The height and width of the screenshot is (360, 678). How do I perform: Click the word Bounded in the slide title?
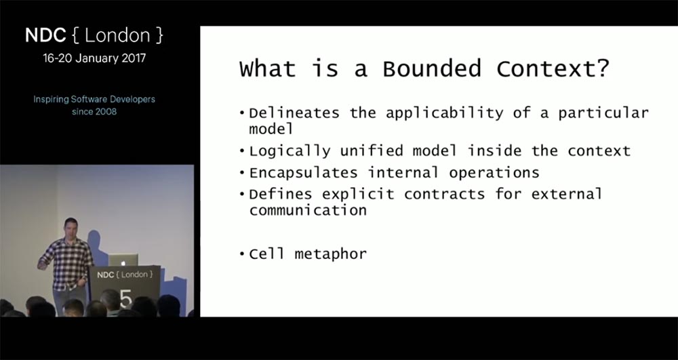coord(431,68)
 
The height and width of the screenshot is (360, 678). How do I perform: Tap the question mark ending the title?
coord(602,68)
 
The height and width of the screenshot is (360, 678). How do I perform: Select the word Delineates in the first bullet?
coord(294,113)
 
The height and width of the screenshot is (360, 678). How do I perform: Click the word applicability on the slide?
coord(445,114)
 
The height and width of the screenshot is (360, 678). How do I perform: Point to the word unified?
coord(372,151)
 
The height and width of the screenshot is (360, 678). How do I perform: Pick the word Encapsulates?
coord(303,173)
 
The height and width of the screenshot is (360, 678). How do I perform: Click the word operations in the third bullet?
coord(494,173)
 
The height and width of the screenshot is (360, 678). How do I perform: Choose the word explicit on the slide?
coord(358,195)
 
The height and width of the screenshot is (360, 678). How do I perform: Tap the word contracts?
coord(445,195)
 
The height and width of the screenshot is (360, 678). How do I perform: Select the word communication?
coord(308,210)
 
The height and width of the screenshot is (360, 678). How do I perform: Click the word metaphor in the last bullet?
coord(330,254)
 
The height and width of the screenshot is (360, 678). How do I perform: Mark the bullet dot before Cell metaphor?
coord(242,254)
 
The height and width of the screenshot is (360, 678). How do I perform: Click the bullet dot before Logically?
coord(242,152)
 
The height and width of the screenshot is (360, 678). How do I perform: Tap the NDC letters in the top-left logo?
coord(45,35)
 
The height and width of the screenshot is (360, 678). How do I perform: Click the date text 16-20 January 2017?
coord(94,58)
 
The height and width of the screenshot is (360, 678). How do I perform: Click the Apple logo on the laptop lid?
coord(123,261)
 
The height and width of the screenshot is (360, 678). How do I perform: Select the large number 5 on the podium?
coord(125,298)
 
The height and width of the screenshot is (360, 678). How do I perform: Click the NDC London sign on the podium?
coord(125,275)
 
